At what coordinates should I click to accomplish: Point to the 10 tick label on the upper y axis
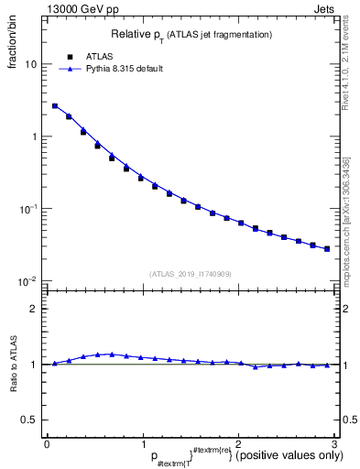pos(31,65)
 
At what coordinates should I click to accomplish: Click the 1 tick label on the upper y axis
pos(34,136)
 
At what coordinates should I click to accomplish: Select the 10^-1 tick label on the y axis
pos(29,208)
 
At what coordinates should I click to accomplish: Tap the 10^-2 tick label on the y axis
pos(29,280)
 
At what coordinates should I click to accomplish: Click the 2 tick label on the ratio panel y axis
pos(35,309)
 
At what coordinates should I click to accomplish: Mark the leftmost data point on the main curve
pos(54,106)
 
